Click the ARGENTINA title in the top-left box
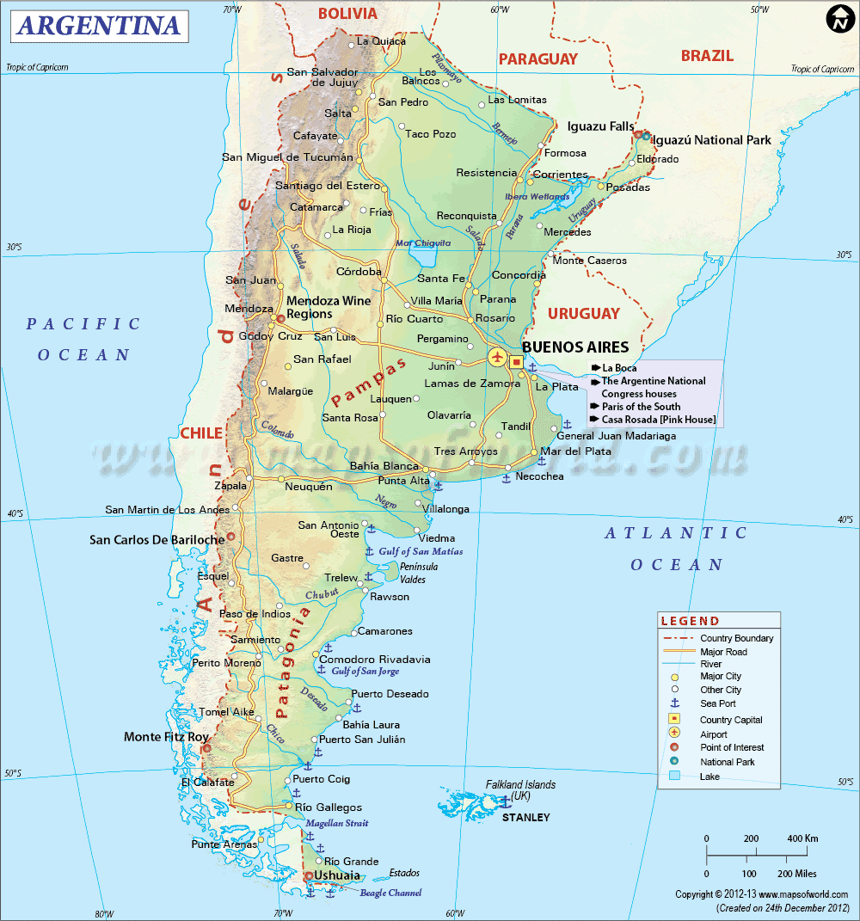point(99,26)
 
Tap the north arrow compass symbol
point(838,19)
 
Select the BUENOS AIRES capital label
point(575,347)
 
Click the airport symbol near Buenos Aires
point(497,356)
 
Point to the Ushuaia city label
point(337,875)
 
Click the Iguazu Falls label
point(599,126)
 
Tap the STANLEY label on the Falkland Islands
point(525,817)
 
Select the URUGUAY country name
point(584,313)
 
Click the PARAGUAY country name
point(538,58)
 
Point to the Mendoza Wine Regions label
point(329,307)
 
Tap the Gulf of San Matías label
point(421,551)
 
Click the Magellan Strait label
point(337,824)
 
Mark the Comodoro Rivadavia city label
point(381,660)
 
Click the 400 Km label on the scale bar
point(802,838)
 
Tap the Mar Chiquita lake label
point(423,243)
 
